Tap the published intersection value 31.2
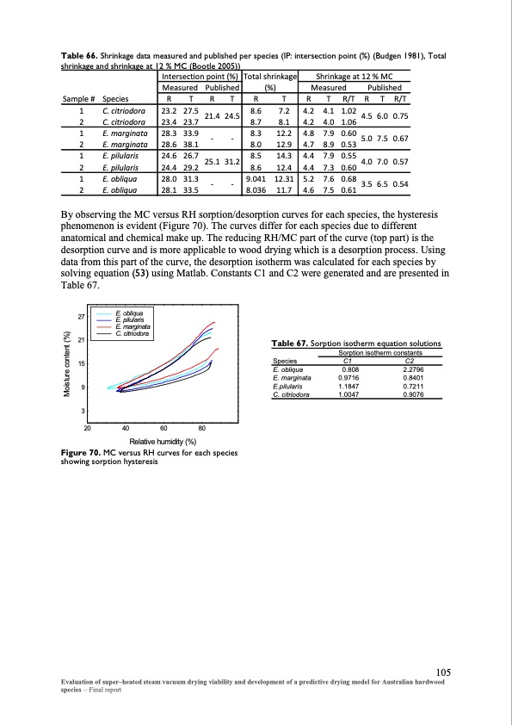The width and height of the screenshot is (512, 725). click(x=231, y=161)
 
